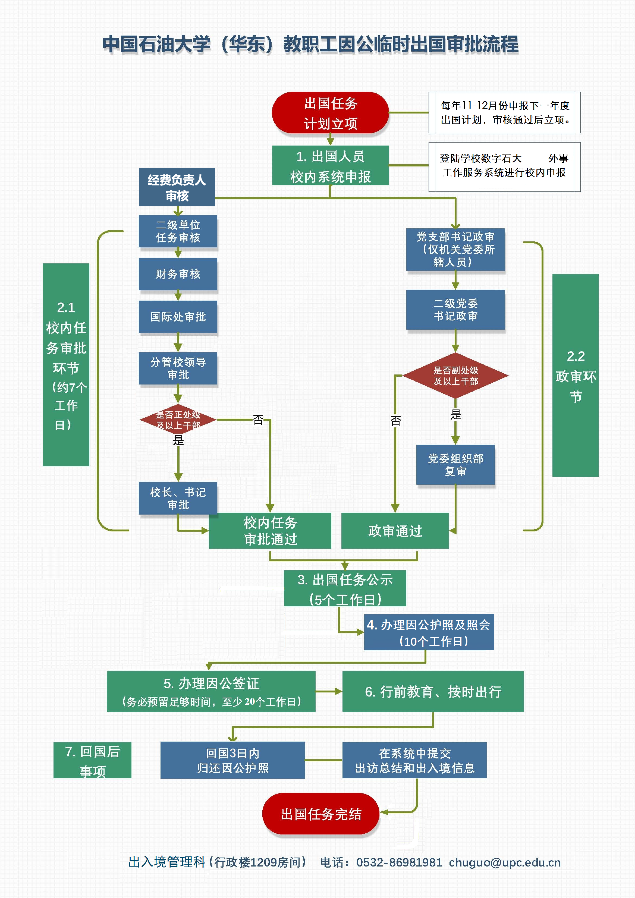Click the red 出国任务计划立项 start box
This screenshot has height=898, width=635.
pos(330,113)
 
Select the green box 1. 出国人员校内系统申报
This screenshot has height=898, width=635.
pos(330,165)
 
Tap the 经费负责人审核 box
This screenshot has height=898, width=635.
pos(177,187)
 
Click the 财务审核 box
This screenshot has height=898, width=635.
pos(178,274)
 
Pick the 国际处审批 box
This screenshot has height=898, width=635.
pos(178,317)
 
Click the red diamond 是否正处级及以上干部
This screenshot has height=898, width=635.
pos(178,420)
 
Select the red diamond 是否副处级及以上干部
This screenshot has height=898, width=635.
pos(455,376)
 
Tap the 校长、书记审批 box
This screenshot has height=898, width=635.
pos(178,498)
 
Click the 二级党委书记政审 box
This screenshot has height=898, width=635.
pos(455,310)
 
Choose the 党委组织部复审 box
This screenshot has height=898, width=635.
pos(455,465)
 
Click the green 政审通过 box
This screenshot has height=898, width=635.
pos(395,531)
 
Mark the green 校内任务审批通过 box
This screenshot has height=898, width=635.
pos(270,531)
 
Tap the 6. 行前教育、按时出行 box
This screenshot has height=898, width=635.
pos(433,692)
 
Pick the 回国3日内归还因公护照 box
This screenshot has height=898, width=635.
pos(232,760)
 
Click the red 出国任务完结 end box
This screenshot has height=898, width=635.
pos(321,814)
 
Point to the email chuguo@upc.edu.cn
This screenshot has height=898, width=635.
pos(505,862)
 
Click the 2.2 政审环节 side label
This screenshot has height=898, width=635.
pos(576,376)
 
